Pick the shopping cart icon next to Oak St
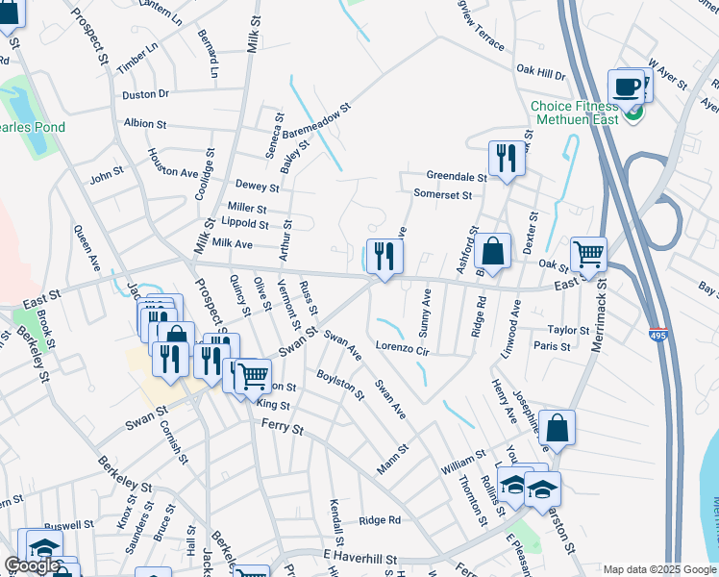point(588,256)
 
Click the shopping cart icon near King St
point(253,377)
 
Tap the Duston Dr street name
point(145,94)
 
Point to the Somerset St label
point(442,194)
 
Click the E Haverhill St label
point(360,558)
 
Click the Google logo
point(31,565)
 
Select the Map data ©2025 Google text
point(659,569)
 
